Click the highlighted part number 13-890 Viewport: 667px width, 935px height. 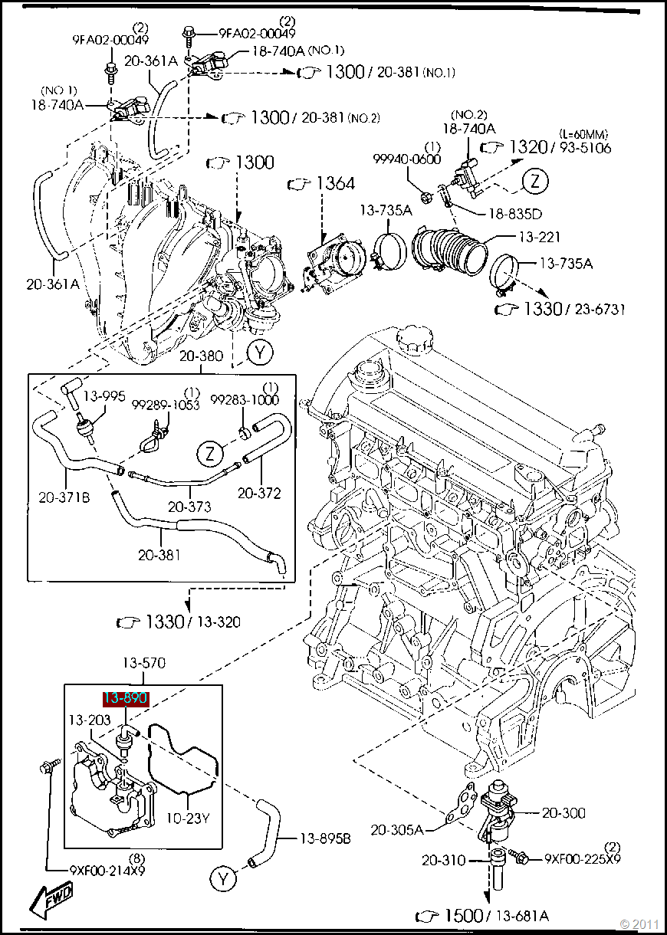coord(126,698)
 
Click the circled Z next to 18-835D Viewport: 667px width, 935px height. coord(536,181)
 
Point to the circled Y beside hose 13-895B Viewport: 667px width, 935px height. coord(223,878)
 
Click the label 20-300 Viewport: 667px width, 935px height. coord(563,813)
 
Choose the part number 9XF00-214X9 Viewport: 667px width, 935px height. coord(107,870)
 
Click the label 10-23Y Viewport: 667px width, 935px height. coord(188,819)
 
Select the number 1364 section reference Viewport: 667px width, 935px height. coord(336,184)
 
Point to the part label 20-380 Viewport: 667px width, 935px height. coord(202,356)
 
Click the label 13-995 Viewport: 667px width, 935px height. coord(104,396)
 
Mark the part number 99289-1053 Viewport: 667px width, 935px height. coord(165,404)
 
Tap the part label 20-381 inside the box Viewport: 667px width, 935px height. coord(159,554)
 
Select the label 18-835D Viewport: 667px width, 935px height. coord(515,215)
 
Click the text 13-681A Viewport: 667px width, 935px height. coord(523,916)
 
